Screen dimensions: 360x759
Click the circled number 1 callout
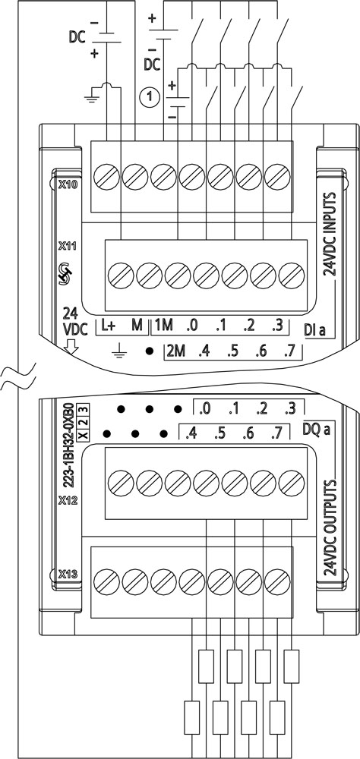click(x=150, y=97)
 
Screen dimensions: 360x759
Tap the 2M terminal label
click(x=176, y=352)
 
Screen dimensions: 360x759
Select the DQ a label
click(x=317, y=428)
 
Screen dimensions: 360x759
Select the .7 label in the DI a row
click(x=290, y=352)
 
